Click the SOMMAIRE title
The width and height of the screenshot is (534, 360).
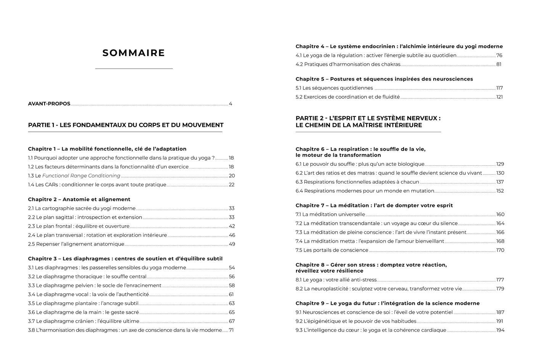(x=133, y=53)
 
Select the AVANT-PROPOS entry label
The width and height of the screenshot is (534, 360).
(x=49, y=104)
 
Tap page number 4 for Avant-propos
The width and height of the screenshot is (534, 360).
(x=230, y=104)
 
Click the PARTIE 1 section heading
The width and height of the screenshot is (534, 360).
(x=125, y=125)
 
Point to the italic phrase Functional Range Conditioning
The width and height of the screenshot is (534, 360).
(x=81, y=176)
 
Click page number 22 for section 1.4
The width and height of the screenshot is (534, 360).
(x=232, y=185)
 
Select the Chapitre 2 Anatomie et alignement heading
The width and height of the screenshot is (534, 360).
(x=79, y=199)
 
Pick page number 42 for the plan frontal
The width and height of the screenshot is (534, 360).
(x=232, y=226)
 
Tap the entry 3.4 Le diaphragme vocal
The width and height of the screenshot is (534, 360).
(x=88, y=294)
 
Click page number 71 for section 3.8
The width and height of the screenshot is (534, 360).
(x=231, y=330)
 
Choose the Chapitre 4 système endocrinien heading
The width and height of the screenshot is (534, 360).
(x=399, y=47)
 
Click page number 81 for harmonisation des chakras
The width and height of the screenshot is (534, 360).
(x=499, y=65)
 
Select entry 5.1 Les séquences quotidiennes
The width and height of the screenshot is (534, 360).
(x=334, y=88)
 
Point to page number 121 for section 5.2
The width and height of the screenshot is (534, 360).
(x=499, y=97)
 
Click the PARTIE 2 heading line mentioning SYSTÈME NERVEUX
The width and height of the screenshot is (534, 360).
(x=368, y=118)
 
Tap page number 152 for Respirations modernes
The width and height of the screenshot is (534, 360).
(x=500, y=191)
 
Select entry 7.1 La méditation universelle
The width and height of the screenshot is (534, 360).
(x=330, y=215)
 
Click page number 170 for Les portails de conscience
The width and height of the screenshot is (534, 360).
(x=500, y=250)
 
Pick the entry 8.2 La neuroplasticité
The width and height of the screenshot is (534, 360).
(x=378, y=289)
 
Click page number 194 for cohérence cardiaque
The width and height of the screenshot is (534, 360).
(x=500, y=330)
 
